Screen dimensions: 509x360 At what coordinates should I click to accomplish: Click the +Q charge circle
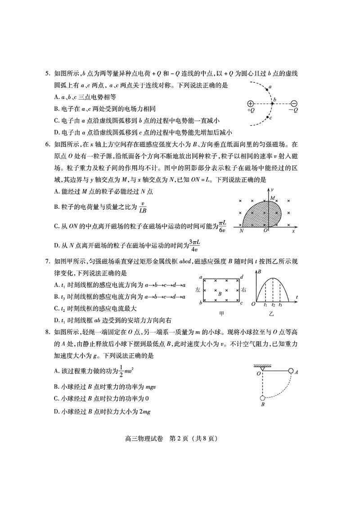coord(251,103)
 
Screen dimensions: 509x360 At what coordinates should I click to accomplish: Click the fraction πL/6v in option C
coord(222,227)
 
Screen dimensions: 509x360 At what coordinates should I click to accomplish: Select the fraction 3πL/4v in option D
coord(194,246)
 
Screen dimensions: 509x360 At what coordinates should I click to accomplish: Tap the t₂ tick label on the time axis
coord(273,305)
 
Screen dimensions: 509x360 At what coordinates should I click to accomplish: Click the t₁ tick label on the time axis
coord(265,305)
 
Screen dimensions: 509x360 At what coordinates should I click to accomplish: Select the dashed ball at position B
coord(262,397)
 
